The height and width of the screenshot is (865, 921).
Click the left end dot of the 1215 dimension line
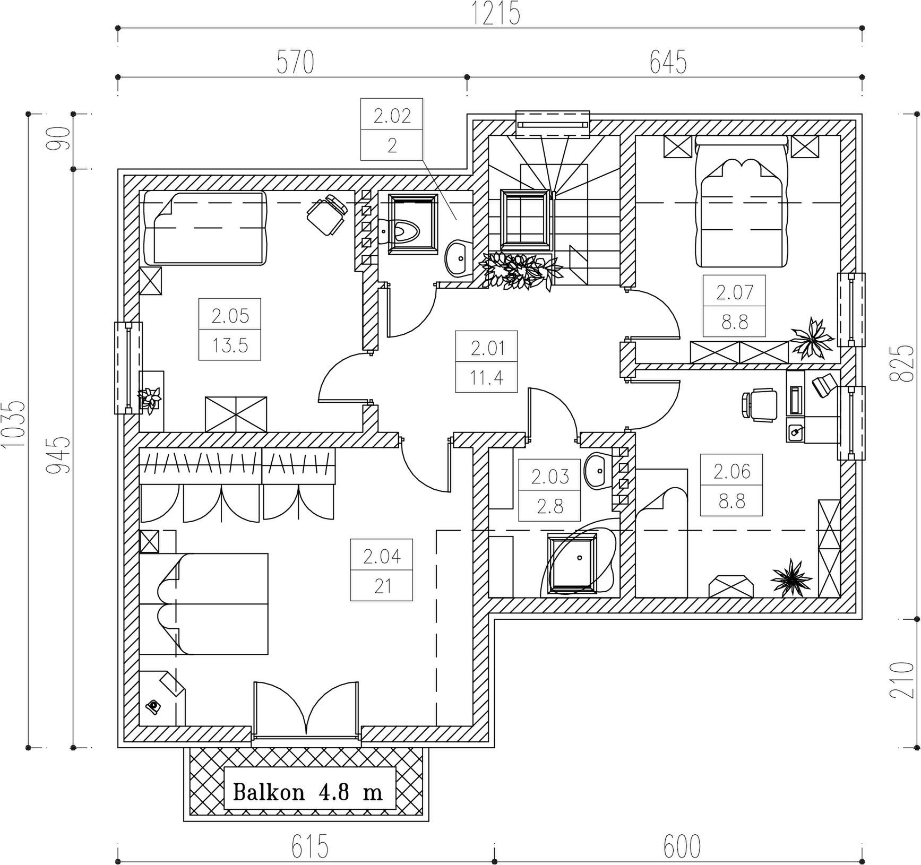[117, 27]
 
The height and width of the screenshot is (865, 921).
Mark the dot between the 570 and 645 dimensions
[467, 76]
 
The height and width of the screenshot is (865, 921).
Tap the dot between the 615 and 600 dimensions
[494, 847]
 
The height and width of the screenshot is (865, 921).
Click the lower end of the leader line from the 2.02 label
[456, 220]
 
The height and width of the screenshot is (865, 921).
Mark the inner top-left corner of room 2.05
[139, 190]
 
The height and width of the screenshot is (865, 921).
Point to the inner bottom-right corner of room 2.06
[841, 598]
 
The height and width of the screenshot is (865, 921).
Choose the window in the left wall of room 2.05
[128, 367]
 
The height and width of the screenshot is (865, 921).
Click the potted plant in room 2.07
[811, 338]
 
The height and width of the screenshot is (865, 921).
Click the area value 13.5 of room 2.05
[230, 345]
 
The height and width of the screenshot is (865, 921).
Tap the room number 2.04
[382, 557]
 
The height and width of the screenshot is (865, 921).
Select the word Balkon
[269, 793]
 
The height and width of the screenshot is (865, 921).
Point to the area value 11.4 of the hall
[486, 378]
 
